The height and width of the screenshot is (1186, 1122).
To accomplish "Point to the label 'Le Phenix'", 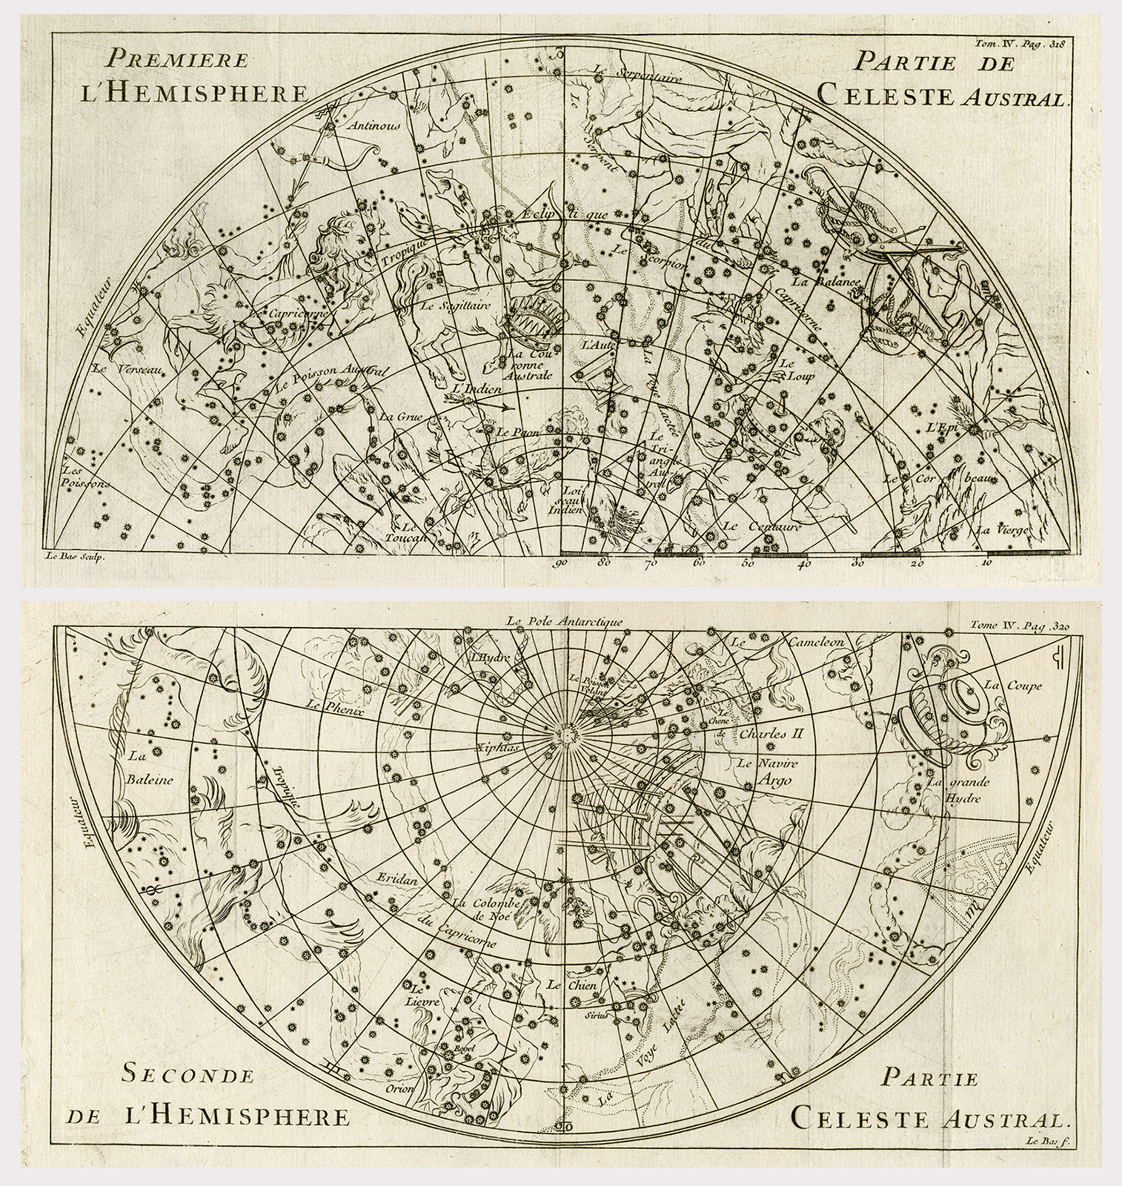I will coord(326,705).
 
